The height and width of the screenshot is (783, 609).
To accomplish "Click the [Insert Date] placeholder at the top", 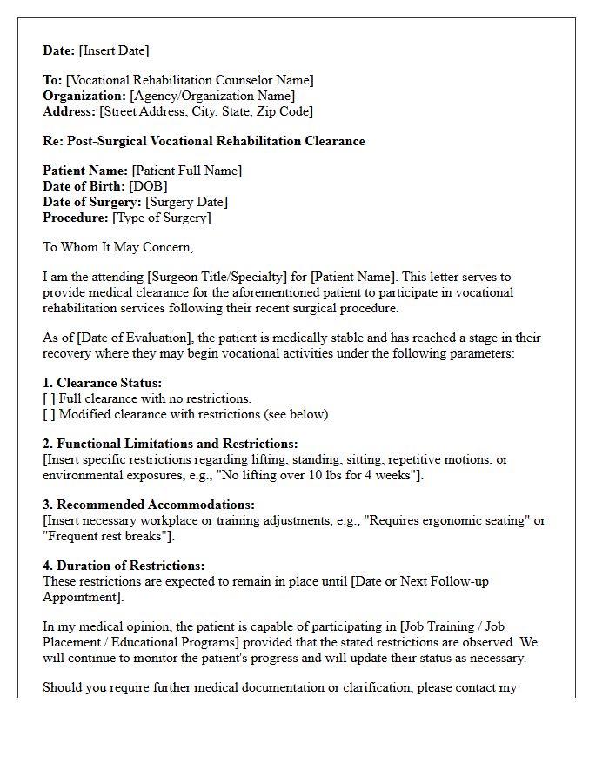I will [x=113, y=50].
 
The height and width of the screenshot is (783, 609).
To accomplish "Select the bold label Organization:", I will [x=84, y=96].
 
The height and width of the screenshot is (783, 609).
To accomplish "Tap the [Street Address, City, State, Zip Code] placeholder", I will [x=206, y=111].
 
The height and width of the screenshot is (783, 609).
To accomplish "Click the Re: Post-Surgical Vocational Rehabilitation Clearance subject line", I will [x=204, y=141].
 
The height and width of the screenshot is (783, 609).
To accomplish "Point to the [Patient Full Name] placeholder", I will [x=187, y=171].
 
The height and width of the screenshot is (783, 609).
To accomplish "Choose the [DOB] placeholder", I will [x=148, y=186].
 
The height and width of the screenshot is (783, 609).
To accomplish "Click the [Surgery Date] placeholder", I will [x=186, y=202].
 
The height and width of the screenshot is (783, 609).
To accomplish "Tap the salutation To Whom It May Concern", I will [x=117, y=247].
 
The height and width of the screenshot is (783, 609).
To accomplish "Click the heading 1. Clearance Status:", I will [x=102, y=383].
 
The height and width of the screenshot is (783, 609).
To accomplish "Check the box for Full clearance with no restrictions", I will [x=49, y=398].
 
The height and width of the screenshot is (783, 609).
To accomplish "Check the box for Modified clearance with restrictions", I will [x=49, y=414].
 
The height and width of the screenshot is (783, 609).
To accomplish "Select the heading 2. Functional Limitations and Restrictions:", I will [x=170, y=444].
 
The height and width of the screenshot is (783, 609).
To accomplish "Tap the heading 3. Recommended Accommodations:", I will [x=149, y=505].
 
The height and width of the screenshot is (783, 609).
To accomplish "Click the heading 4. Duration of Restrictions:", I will [x=124, y=565].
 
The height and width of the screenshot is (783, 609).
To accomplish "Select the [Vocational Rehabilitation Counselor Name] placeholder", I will [x=191, y=80].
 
